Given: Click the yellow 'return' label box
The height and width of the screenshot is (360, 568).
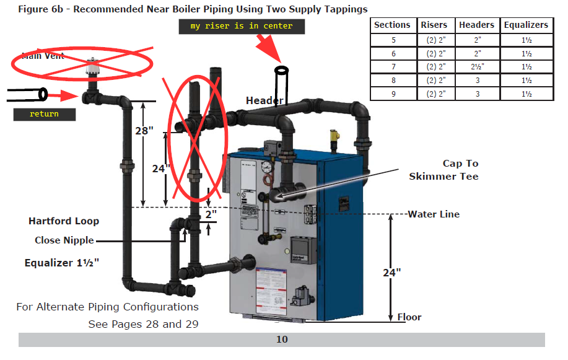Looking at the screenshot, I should coord(44,114).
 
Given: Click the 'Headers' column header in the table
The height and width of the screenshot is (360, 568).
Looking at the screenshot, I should coord(476,25).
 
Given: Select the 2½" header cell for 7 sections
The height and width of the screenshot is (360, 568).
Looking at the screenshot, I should coord(476,67).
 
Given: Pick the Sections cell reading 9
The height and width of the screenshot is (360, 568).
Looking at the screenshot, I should coord(392,94).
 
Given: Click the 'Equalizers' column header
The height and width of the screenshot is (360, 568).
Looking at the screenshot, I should coord(526,25).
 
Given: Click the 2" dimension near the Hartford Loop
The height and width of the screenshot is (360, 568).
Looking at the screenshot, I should coord(211,214).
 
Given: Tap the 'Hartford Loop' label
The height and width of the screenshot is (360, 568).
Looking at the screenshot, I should coord(64,221).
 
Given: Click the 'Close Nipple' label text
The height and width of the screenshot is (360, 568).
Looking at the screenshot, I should coord(64,240).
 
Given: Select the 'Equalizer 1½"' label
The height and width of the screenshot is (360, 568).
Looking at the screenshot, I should coord(62,263).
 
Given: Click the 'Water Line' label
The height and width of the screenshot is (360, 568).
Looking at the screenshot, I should coord(434,214).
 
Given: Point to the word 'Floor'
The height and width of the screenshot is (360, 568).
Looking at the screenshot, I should coord(409,317).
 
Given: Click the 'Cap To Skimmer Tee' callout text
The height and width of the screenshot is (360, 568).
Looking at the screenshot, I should coord(443,170).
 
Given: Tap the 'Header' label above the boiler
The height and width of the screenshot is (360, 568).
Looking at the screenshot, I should coord(264,100).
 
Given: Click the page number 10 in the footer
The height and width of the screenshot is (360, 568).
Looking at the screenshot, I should coord(282,340).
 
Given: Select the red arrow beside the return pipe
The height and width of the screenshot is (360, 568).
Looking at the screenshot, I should coord(66,96).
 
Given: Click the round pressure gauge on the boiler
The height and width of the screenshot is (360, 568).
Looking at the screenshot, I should coord(267,167).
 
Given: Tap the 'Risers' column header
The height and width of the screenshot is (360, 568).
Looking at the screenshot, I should coord(434,25).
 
